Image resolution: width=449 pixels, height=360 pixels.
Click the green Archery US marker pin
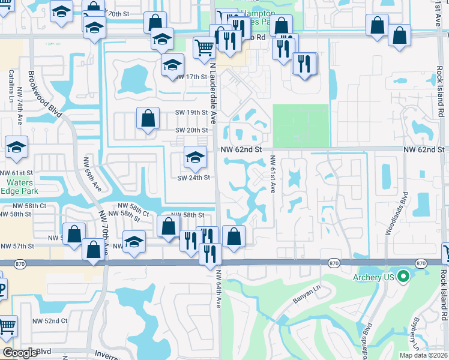point(403,277)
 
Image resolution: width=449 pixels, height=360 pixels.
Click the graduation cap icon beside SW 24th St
point(194,158)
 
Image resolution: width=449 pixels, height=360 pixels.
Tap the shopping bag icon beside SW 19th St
point(148,119)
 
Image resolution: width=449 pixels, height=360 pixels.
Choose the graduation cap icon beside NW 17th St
point(172,65)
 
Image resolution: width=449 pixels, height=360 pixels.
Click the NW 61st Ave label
point(272,175)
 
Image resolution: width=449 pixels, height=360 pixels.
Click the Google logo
point(20,353)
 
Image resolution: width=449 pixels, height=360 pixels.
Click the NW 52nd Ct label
point(50,321)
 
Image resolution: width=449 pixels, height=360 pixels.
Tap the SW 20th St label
point(191,130)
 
